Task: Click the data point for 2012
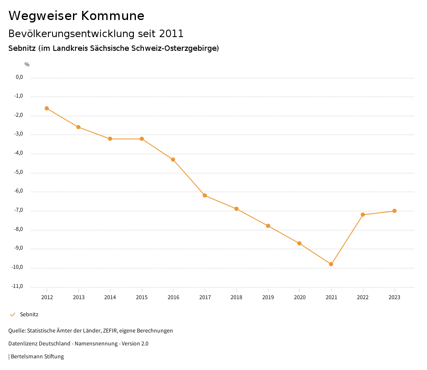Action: (47, 108)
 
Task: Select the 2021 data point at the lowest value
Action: (331, 264)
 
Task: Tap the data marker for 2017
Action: (205, 195)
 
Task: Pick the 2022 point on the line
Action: (363, 215)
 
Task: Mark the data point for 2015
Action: (142, 139)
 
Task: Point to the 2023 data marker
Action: (394, 211)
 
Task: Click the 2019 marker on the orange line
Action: (268, 226)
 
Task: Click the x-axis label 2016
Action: (173, 297)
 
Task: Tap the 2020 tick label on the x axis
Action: (299, 297)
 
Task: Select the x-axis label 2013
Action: (78, 297)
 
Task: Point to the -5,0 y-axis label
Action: (19, 172)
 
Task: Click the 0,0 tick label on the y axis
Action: (20, 77)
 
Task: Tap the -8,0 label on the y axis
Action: (19, 229)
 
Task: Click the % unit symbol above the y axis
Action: (27, 65)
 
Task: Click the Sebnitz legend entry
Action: (29, 315)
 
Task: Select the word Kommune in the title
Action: (113, 16)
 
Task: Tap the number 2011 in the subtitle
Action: (171, 33)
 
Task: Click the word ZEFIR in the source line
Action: (110, 331)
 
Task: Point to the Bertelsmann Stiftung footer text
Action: (37, 357)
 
